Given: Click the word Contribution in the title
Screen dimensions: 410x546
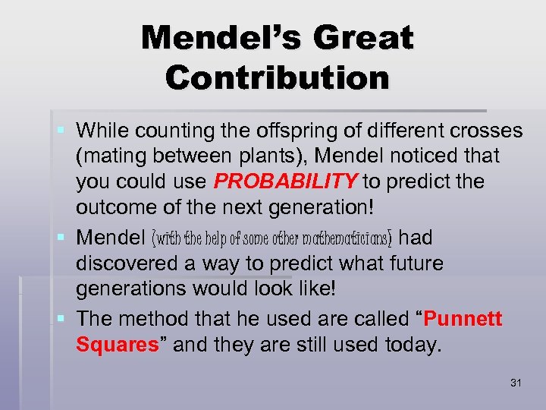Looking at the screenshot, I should pos(278,77).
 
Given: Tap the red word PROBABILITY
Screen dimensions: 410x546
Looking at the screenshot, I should pos(287,182).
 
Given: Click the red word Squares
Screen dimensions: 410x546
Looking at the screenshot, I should pos(121,345).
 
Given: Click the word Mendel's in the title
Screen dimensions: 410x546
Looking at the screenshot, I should pos(215,38).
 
